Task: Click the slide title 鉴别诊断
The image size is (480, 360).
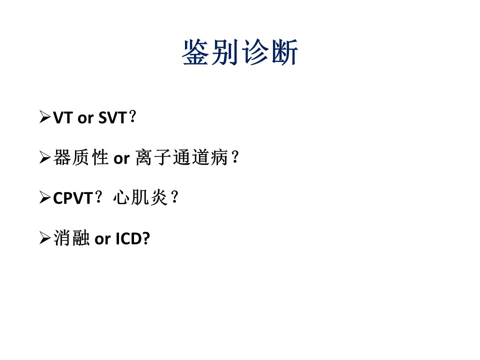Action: tap(240, 52)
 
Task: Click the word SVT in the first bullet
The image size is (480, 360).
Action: tap(112, 118)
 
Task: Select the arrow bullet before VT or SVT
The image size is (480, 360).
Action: tap(45, 117)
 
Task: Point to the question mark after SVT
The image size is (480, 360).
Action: tap(132, 117)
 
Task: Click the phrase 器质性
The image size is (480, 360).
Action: tap(81, 157)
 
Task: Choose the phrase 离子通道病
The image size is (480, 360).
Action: tap(181, 157)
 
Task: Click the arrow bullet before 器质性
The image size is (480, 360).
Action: tap(45, 157)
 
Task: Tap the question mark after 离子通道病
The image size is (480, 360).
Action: tap(235, 157)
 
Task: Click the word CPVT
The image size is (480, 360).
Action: tap(73, 198)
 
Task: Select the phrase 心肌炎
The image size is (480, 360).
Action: tap(140, 198)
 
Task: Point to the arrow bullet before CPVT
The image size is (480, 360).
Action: tap(45, 197)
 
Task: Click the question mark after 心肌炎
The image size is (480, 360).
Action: tap(175, 197)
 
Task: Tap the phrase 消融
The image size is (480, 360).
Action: tap(71, 238)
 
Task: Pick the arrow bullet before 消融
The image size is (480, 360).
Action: tap(45, 238)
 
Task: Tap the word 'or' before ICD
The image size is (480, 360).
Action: tap(102, 240)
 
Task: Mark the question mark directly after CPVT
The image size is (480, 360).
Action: tap(98, 197)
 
